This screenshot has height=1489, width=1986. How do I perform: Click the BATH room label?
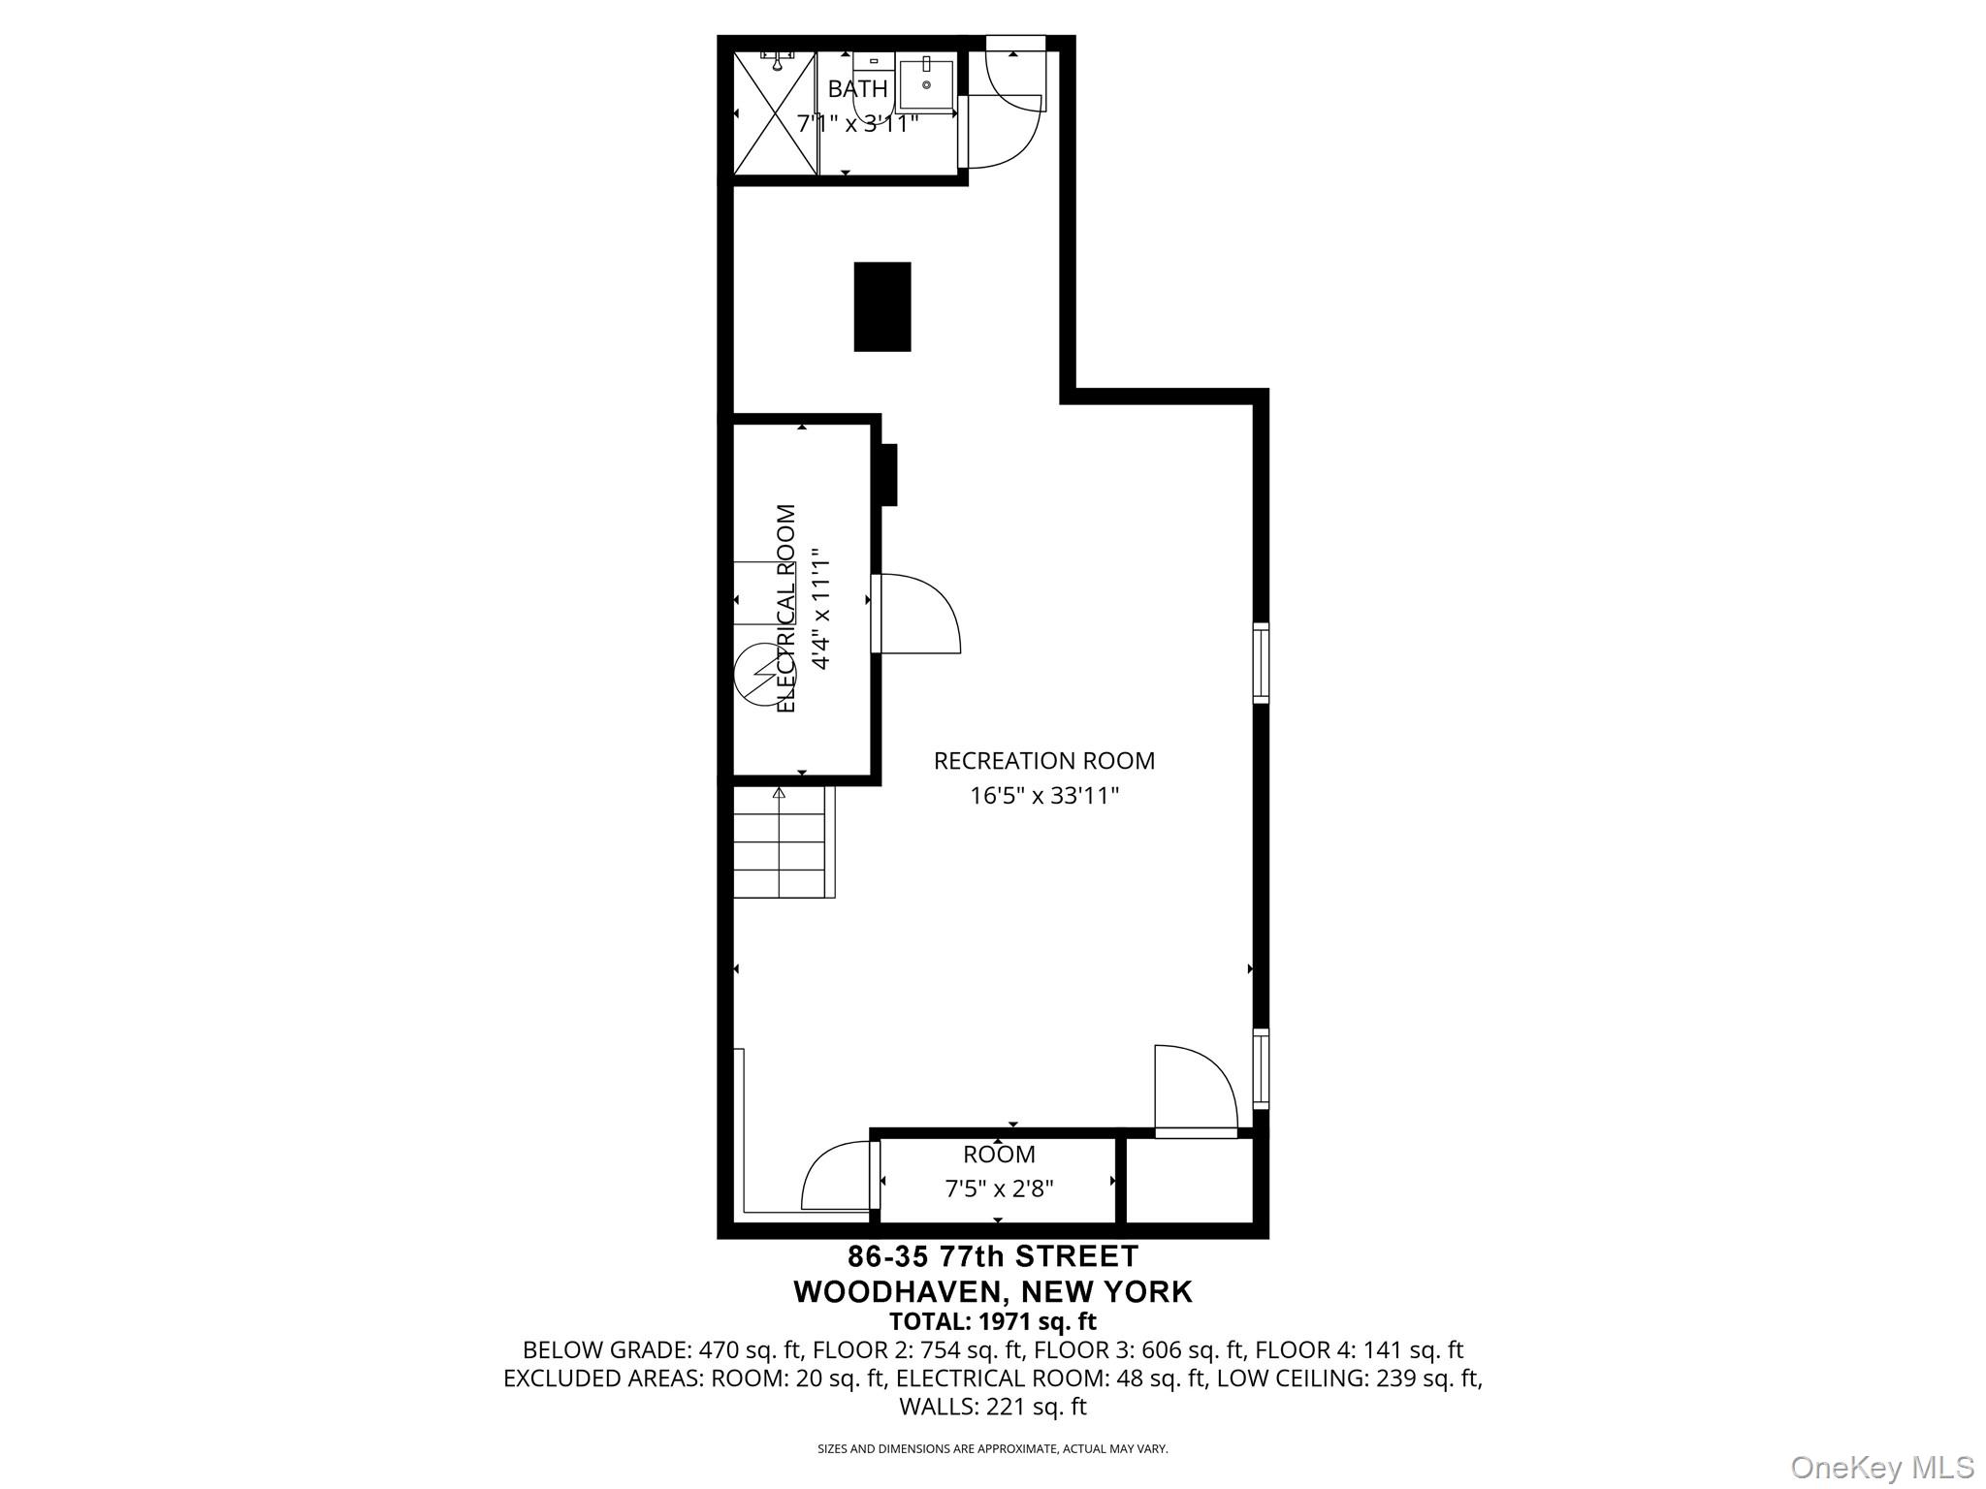(x=857, y=89)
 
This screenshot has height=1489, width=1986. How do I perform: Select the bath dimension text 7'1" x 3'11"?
(x=857, y=124)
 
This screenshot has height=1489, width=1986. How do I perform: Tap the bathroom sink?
(x=926, y=83)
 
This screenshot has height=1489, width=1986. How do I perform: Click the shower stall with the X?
(x=774, y=114)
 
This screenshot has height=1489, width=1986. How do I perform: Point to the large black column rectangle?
(x=881, y=306)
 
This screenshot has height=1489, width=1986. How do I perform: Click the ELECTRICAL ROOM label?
(x=786, y=609)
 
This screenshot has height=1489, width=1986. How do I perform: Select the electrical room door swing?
(x=916, y=613)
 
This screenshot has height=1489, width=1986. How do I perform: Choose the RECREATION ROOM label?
(x=1043, y=761)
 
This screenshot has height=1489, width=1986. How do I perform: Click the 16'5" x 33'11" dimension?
(x=1044, y=796)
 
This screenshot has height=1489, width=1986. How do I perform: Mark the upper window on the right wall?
(x=1261, y=663)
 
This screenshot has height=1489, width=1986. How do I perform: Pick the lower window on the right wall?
(x=1261, y=1068)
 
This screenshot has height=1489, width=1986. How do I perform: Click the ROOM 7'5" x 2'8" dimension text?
(x=999, y=1188)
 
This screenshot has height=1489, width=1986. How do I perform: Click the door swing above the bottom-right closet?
(x=1195, y=1088)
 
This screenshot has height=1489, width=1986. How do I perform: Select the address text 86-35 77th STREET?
(x=992, y=1256)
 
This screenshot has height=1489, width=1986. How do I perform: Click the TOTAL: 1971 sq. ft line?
(x=992, y=1321)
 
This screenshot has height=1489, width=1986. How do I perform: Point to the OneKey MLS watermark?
(x=1882, y=1467)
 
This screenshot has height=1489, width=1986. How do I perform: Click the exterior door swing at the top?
(x=1009, y=107)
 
